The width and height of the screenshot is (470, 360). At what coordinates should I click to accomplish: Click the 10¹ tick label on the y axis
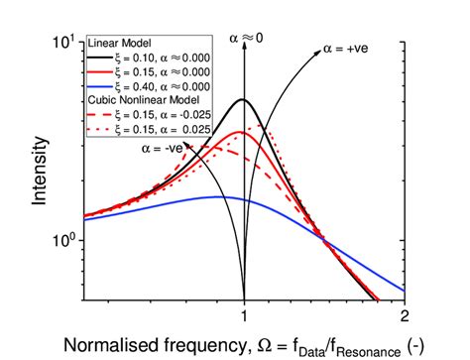(64, 43)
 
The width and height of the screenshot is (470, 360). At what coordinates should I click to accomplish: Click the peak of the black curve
(243, 100)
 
